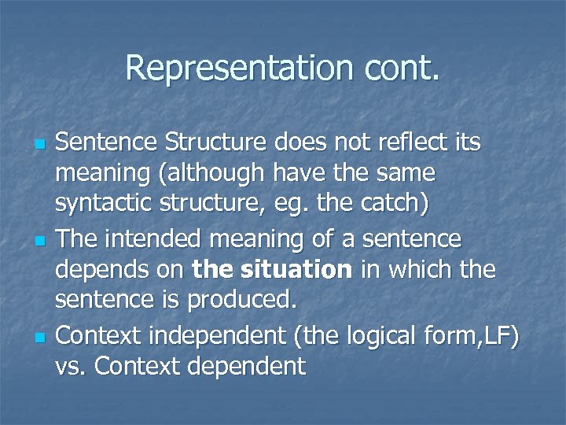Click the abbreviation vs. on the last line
click(x=71, y=367)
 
